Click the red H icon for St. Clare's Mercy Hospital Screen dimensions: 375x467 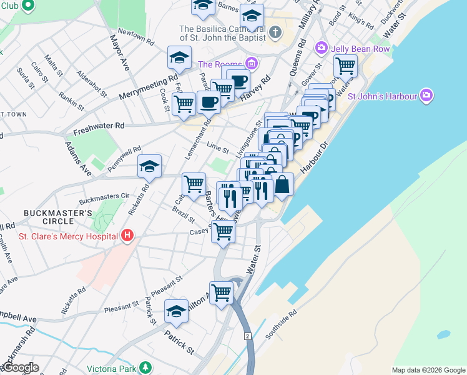click(x=127, y=236)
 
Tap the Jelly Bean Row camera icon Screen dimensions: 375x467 click(x=322, y=47)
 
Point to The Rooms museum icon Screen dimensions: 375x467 click(x=251, y=64)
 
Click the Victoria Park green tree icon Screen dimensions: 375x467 click(x=145, y=367)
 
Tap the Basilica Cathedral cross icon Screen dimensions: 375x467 click(x=275, y=30)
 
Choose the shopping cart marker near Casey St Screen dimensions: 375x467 click(x=223, y=231)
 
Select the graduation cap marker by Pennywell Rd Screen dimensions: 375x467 click(x=150, y=166)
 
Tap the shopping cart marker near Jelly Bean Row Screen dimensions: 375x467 click(x=345, y=65)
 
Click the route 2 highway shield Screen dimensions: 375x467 click(x=248, y=336)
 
